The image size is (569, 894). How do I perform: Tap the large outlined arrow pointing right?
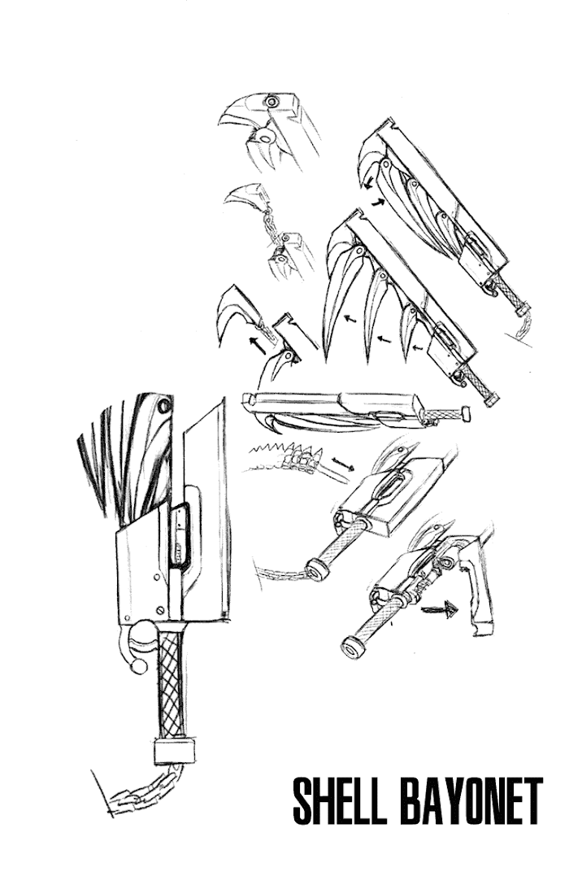(x=439, y=610)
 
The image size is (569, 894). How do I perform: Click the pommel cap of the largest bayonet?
(x=174, y=751)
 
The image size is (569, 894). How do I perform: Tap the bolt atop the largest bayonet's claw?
(x=165, y=407)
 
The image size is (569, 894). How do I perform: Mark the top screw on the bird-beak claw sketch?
(x=271, y=102)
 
